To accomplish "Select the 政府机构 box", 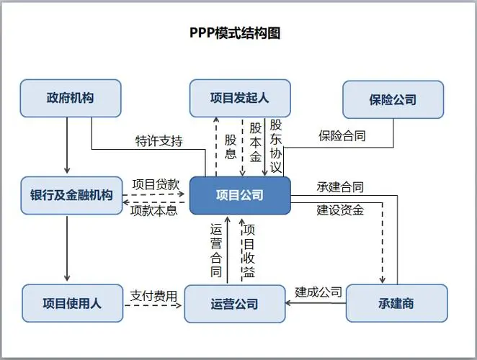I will [70, 99].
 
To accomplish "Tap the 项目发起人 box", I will [239, 99].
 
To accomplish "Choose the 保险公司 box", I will [393, 99].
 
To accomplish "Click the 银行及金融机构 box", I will [71, 195].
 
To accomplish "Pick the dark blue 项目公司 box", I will [240, 195].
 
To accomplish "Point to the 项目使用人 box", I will [72, 303].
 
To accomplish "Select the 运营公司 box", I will [234, 304].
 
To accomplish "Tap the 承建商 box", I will [397, 303].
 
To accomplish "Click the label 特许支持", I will [159, 140].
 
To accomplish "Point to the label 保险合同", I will [342, 135].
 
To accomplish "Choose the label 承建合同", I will [339, 187].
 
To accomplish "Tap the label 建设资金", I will [339, 210].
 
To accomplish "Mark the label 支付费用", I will [153, 295].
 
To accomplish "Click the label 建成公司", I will [318, 292].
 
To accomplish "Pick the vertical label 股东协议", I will [275, 146].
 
